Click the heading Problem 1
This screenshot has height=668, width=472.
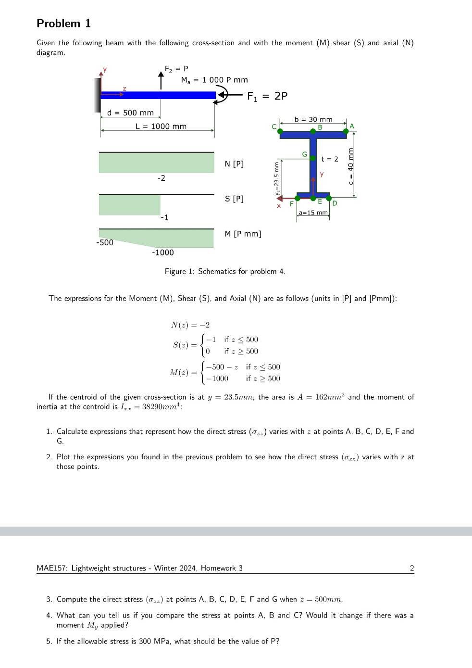pyautogui.click(x=63, y=24)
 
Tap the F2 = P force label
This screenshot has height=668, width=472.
pyautogui.click(x=176, y=69)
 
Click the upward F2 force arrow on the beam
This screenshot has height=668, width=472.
pyautogui.click(x=161, y=80)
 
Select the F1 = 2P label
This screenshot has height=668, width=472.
pyautogui.click(x=267, y=96)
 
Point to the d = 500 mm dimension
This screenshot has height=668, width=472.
pyautogui.click(x=130, y=113)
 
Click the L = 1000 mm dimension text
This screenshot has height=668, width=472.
pyautogui.click(x=161, y=126)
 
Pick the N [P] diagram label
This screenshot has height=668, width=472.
pyautogui.click(x=234, y=164)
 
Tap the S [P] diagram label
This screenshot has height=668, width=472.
pyautogui.click(x=234, y=199)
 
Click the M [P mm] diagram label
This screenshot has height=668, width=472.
pyautogui.click(x=243, y=234)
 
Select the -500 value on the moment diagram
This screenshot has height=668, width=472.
pyautogui.click(x=105, y=242)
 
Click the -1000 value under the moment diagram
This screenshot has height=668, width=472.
pyautogui.click(x=163, y=252)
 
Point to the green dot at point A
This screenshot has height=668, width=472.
pyautogui.click(x=346, y=131)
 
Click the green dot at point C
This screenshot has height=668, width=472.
pyautogui.click(x=280, y=131)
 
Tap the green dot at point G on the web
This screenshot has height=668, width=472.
pyautogui.click(x=313, y=158)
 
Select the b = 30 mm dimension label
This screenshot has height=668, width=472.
pyautogui.click(x=313, y=119)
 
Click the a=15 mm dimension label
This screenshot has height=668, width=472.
pyautogui.click(x=313, y=213)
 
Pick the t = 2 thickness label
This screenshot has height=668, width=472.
pyautogui.click(x=329, y=159)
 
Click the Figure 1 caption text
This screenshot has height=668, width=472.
pyautogui.click(x=225, y=272)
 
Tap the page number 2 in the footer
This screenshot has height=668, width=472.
pyautogui.click(x=412, y=568)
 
